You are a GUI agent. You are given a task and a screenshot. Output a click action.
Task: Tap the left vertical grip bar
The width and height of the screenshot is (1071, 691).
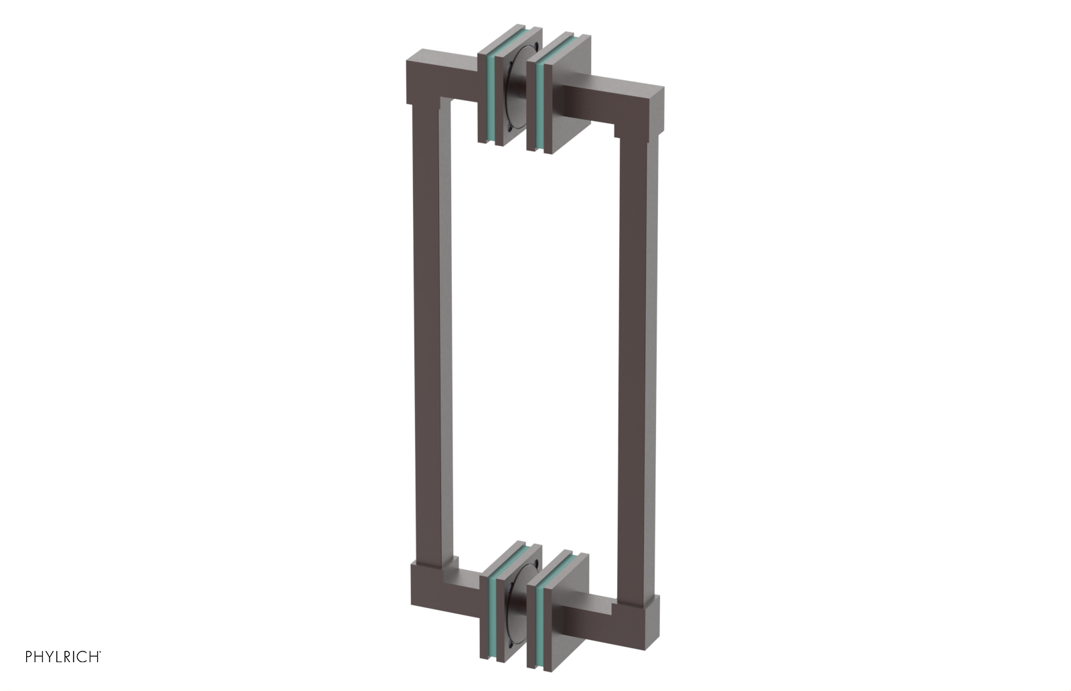click(x=429, y=335)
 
